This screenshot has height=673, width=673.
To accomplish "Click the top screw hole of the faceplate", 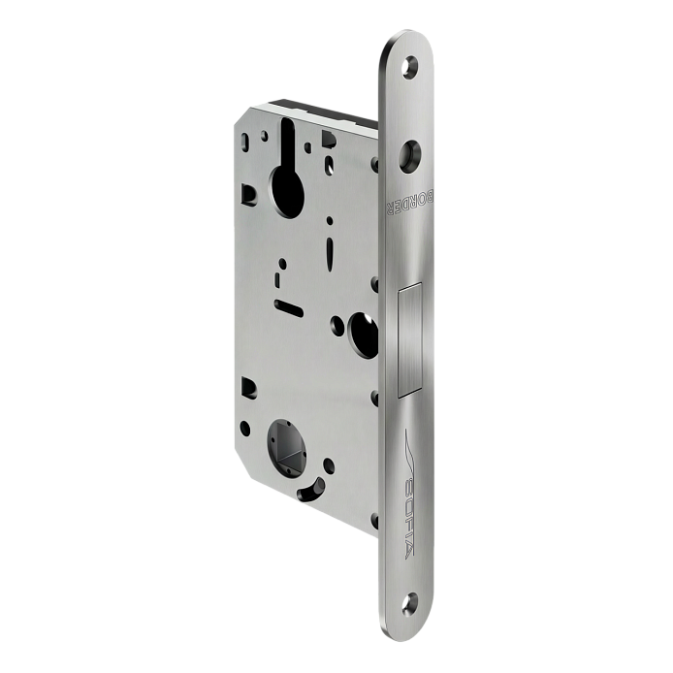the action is tap(410, 67).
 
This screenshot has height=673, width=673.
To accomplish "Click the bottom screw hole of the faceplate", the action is tap(410, 602).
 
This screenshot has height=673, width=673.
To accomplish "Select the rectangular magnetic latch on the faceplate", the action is tap(411, 340).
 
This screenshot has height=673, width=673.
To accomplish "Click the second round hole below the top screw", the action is tap(410, 156).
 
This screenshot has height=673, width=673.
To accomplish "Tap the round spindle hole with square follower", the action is tap(286, 447).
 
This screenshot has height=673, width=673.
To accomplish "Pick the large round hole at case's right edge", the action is tap(363, 335).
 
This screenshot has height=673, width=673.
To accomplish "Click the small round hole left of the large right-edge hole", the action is tap(337, 326).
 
